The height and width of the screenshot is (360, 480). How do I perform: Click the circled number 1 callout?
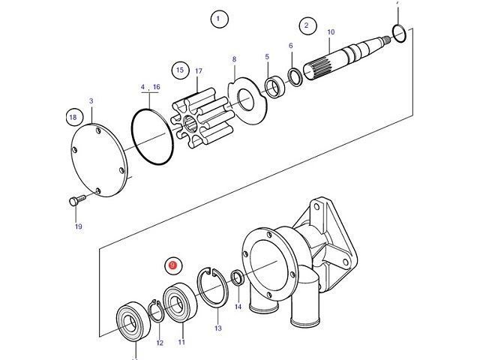click(x=218, y=19)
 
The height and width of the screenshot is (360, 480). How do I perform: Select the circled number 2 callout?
click(x=306, y=26)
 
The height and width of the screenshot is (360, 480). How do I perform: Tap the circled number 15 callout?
click(x=178, y=70)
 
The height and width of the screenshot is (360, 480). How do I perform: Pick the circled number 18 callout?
click(x=73, y=117)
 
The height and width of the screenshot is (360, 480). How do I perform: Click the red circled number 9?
click(x=172, y=265)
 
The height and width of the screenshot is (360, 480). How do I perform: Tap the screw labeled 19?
click(x=73, y=201)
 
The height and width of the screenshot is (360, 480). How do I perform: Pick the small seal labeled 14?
click(x=237, y=279)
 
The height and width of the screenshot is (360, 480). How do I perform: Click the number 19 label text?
click(x=78, y=226)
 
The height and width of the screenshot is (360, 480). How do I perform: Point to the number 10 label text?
click(x=331, y=32)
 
